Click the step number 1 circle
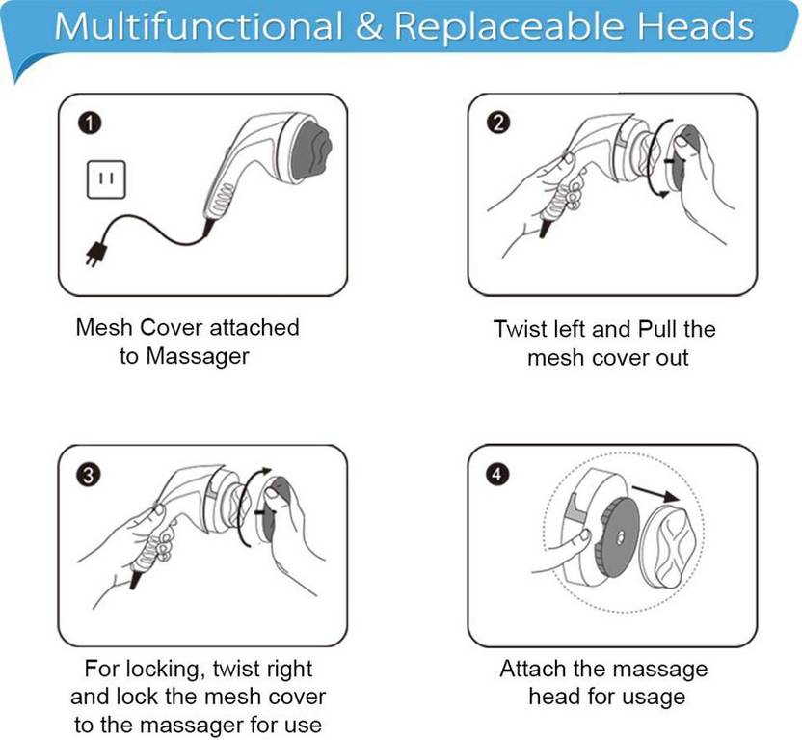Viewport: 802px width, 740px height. coord(90,123)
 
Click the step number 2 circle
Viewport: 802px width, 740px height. coord(498,123)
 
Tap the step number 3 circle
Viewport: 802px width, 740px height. coord(89,476)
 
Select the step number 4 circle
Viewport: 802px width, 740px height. coord(497,475)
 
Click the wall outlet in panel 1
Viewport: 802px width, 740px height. coord(106,179)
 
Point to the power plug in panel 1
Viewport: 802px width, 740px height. coord(97,254)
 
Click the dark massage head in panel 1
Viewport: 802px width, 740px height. coord(311,150)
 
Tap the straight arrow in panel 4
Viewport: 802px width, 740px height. coord(655,493)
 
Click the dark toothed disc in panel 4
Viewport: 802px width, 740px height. coord(617,537)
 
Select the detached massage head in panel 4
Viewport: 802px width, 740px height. coord(669,546)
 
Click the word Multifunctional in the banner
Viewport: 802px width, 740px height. coord(199,26)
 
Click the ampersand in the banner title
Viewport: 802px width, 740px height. coord(368,26)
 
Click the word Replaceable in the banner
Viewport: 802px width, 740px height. coord(509,26)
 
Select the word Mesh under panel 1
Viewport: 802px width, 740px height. coord(104,327)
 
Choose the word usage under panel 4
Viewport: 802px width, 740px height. coord(657,697)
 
